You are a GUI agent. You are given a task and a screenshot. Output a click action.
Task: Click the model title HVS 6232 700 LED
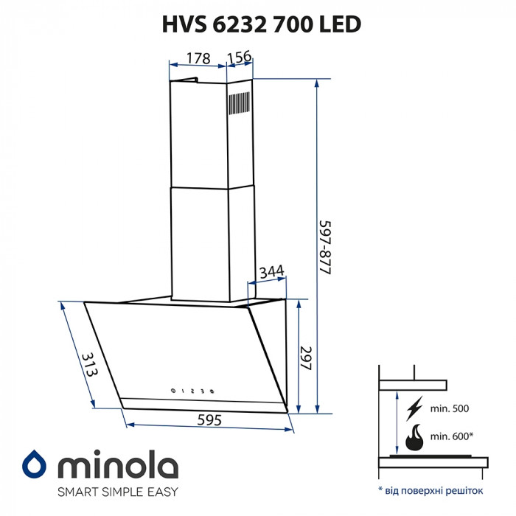pyautogui.click(x=261, y=25)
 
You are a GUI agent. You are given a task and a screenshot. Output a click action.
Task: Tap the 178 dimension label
pyautogui.click(x=198, y=58)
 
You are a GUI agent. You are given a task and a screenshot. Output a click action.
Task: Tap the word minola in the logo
pyautogui.click(x=117, y=465)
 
